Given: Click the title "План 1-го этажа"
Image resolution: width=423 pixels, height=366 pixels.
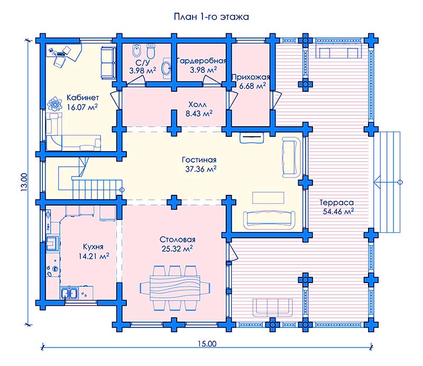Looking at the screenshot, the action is [x=211, y=17].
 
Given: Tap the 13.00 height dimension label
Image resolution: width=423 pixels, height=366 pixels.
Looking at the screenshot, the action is [x=24, y=182].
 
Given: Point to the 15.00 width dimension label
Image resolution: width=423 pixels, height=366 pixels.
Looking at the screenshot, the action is [x=207, y=344].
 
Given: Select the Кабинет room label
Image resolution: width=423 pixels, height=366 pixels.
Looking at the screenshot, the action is [x=83, y=97].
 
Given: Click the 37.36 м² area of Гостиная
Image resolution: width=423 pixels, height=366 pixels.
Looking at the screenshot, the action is [x=201, y=169].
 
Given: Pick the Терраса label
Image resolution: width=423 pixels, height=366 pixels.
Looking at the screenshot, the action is [x=336, y=202].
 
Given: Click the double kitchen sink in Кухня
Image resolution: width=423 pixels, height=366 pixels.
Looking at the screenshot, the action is [x=69, y=293].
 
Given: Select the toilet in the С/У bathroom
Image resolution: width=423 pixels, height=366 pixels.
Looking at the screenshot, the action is [x=151, y=50].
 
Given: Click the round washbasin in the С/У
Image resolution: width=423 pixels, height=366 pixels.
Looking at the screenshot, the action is [x=167, y=68].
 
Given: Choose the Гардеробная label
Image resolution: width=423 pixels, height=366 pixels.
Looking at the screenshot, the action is [x=202, y=61].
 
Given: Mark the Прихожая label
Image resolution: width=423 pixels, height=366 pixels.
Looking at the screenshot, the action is [x=251, y=77].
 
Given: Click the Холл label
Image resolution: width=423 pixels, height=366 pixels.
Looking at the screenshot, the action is [x=197, y=104].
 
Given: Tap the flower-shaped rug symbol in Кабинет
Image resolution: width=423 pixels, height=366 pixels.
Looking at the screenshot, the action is [x=55, y=104].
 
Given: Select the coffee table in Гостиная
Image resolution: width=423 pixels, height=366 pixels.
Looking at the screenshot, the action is [x=268, y=198].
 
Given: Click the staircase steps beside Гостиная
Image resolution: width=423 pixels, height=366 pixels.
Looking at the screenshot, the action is [x=96, y=189].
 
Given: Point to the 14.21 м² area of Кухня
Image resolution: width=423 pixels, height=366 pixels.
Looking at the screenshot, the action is [x=94, y=256].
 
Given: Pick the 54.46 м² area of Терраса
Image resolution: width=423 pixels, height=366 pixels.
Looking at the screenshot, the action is [x=338, y=211].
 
